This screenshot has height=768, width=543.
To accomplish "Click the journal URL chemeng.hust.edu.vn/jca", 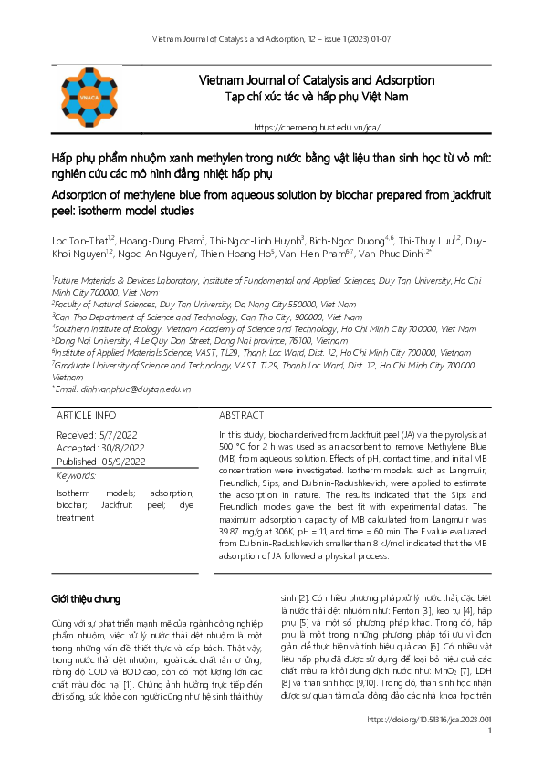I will click(316, 128).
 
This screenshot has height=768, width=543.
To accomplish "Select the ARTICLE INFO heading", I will click(87, 414).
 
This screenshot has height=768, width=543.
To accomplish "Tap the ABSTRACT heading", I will click(243, 414).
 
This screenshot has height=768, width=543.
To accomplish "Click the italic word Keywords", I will click(77, 475).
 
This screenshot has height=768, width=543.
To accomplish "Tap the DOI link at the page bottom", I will click(429, 745).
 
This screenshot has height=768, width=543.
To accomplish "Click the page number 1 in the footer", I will click(491, 756).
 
